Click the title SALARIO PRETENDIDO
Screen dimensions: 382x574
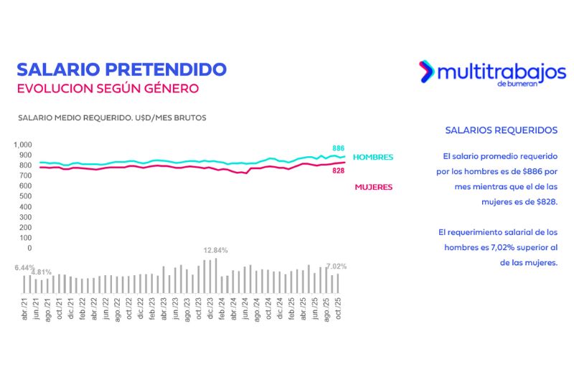point(121,70)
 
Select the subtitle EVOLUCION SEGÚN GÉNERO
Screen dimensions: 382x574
point(107,89)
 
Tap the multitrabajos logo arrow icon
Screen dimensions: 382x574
point(426,70)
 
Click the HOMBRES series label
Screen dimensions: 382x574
point(374,157)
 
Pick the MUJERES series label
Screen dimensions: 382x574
point(374,187)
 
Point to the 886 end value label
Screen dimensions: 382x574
point(338,148)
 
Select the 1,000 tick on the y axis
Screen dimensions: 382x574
point(23,144)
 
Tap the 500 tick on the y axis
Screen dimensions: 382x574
point(26,196)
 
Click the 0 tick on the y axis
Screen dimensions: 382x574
point(29,248)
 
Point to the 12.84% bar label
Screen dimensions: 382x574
point(215,250)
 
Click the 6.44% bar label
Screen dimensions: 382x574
point(24,267)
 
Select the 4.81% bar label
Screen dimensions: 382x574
point(42,272)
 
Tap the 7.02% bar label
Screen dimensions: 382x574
point(337,266)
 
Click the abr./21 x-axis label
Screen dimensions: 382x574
point(25,309)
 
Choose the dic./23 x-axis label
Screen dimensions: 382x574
point(210,309)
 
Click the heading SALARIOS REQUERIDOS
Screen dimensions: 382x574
point(501,130)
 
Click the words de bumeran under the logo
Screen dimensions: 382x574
point(516,84)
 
